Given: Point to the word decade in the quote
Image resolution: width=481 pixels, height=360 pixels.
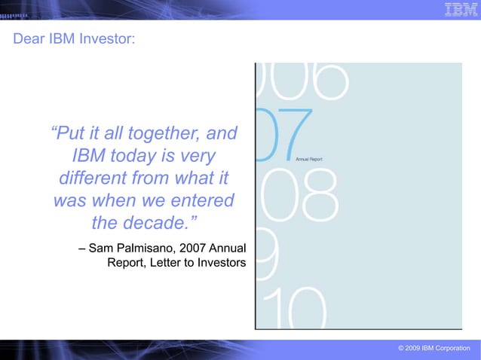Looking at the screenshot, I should coord(159,224).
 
